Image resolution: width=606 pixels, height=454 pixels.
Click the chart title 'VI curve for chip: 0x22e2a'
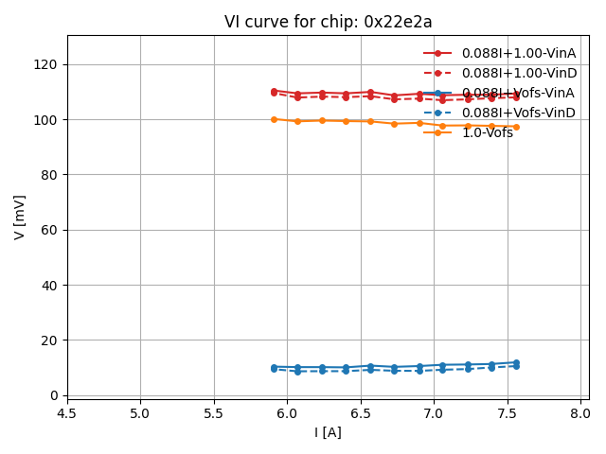click(x=328, y=22)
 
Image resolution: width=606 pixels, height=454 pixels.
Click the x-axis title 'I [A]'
click(x=328, y=432)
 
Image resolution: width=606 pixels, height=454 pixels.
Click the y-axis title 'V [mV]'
click(x=20, y=217)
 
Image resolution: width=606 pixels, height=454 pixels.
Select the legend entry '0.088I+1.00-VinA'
click(x=518, y=53)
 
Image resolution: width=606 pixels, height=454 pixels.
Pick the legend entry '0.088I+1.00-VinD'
click(x=518, y=73)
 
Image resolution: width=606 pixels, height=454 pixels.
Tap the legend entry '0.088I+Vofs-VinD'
click(x=518, y=113)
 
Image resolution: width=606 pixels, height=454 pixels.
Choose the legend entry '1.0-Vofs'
click(x=487, y=132)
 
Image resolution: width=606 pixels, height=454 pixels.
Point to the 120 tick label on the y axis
click(x=45, y=64)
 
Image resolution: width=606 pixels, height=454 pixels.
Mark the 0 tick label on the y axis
click(x=53, y=395)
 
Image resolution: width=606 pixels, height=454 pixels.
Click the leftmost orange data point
click(x=274, y=119)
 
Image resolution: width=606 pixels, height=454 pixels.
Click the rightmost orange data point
click(x=516, y=127)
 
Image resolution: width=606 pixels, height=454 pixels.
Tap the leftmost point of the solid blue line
click(x=274, y=367)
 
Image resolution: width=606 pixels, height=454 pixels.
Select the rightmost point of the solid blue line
click(x=516, y=362)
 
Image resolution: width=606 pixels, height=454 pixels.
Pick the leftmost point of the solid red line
click(x=274, y=91)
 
